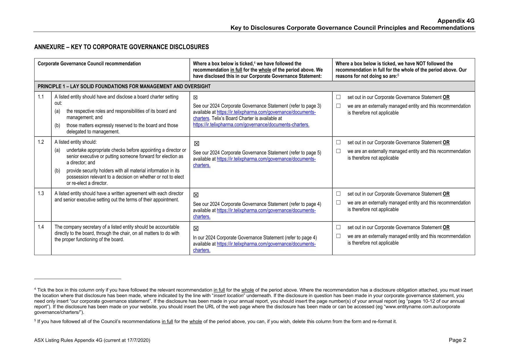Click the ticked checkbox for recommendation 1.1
coord(196,98)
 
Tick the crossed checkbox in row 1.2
coord(196,143)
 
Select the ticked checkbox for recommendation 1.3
coord(196,195)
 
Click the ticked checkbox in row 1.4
coord(196,228)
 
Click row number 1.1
coord(41,97)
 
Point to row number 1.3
coord(41,194)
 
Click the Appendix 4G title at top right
coord(456,21)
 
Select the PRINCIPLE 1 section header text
coord(124,87)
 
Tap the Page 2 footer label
coord(457,340)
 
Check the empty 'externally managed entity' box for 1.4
coord(338,236)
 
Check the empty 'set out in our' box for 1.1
coord(338,97)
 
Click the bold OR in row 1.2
coord(446,143)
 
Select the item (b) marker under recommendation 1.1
coord(57,125)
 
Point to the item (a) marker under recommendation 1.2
coord(57,150)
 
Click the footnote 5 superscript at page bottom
coord(35,321)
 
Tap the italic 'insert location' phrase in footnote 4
coord(228,296)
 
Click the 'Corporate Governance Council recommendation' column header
coord(89,64)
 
